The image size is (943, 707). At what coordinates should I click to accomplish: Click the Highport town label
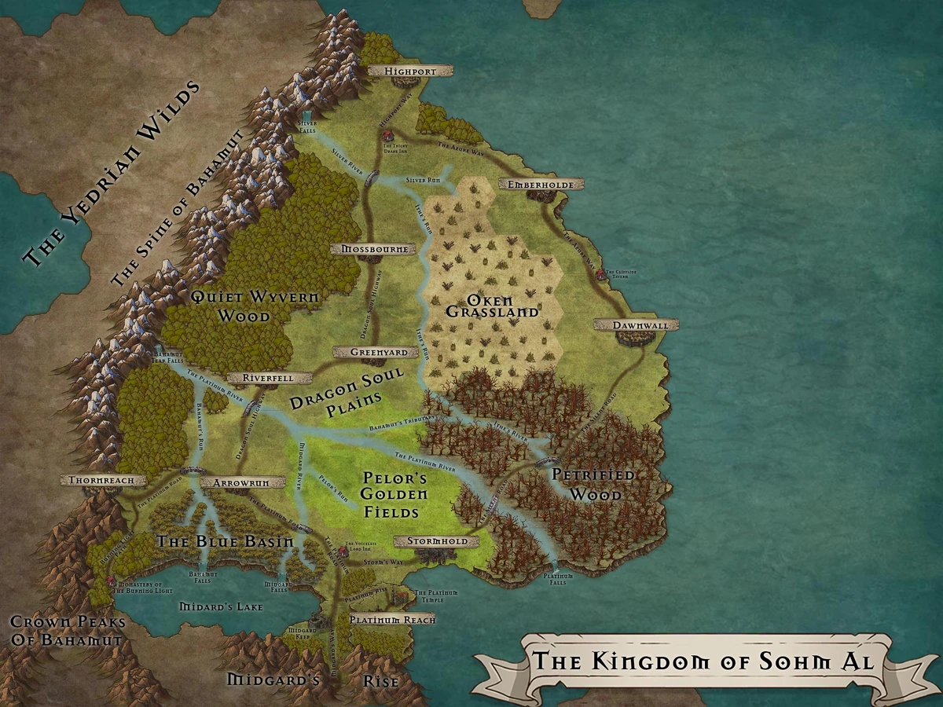click(410, 71)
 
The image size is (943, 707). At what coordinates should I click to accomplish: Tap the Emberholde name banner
click(541, 184)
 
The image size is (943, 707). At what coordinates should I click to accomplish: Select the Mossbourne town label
click(373, 249)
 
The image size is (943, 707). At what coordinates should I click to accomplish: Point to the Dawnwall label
click(636, 324)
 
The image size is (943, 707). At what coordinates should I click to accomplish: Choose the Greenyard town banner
click(368, 352)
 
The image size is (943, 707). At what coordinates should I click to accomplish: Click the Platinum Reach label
click(391, 619)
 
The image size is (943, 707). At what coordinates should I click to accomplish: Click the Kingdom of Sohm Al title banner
click(703, 660)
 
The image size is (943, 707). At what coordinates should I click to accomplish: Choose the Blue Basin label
click(225, 541)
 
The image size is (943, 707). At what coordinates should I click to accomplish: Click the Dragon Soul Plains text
click(346, 390)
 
